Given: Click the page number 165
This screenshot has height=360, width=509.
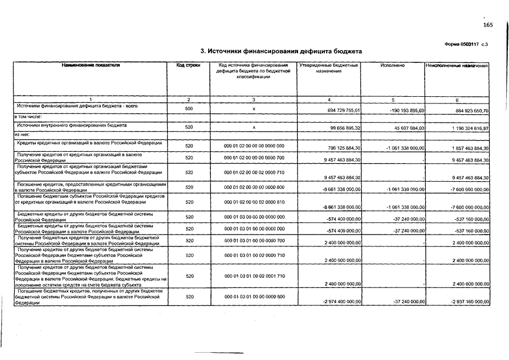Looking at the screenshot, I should (488, 25).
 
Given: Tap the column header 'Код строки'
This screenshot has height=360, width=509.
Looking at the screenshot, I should (188, 66).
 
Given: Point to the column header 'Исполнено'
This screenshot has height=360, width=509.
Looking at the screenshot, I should (392, 66).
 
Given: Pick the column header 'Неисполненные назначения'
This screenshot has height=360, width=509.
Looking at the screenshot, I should (457, 66).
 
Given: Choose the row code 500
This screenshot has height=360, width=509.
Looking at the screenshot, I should (188, 108).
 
